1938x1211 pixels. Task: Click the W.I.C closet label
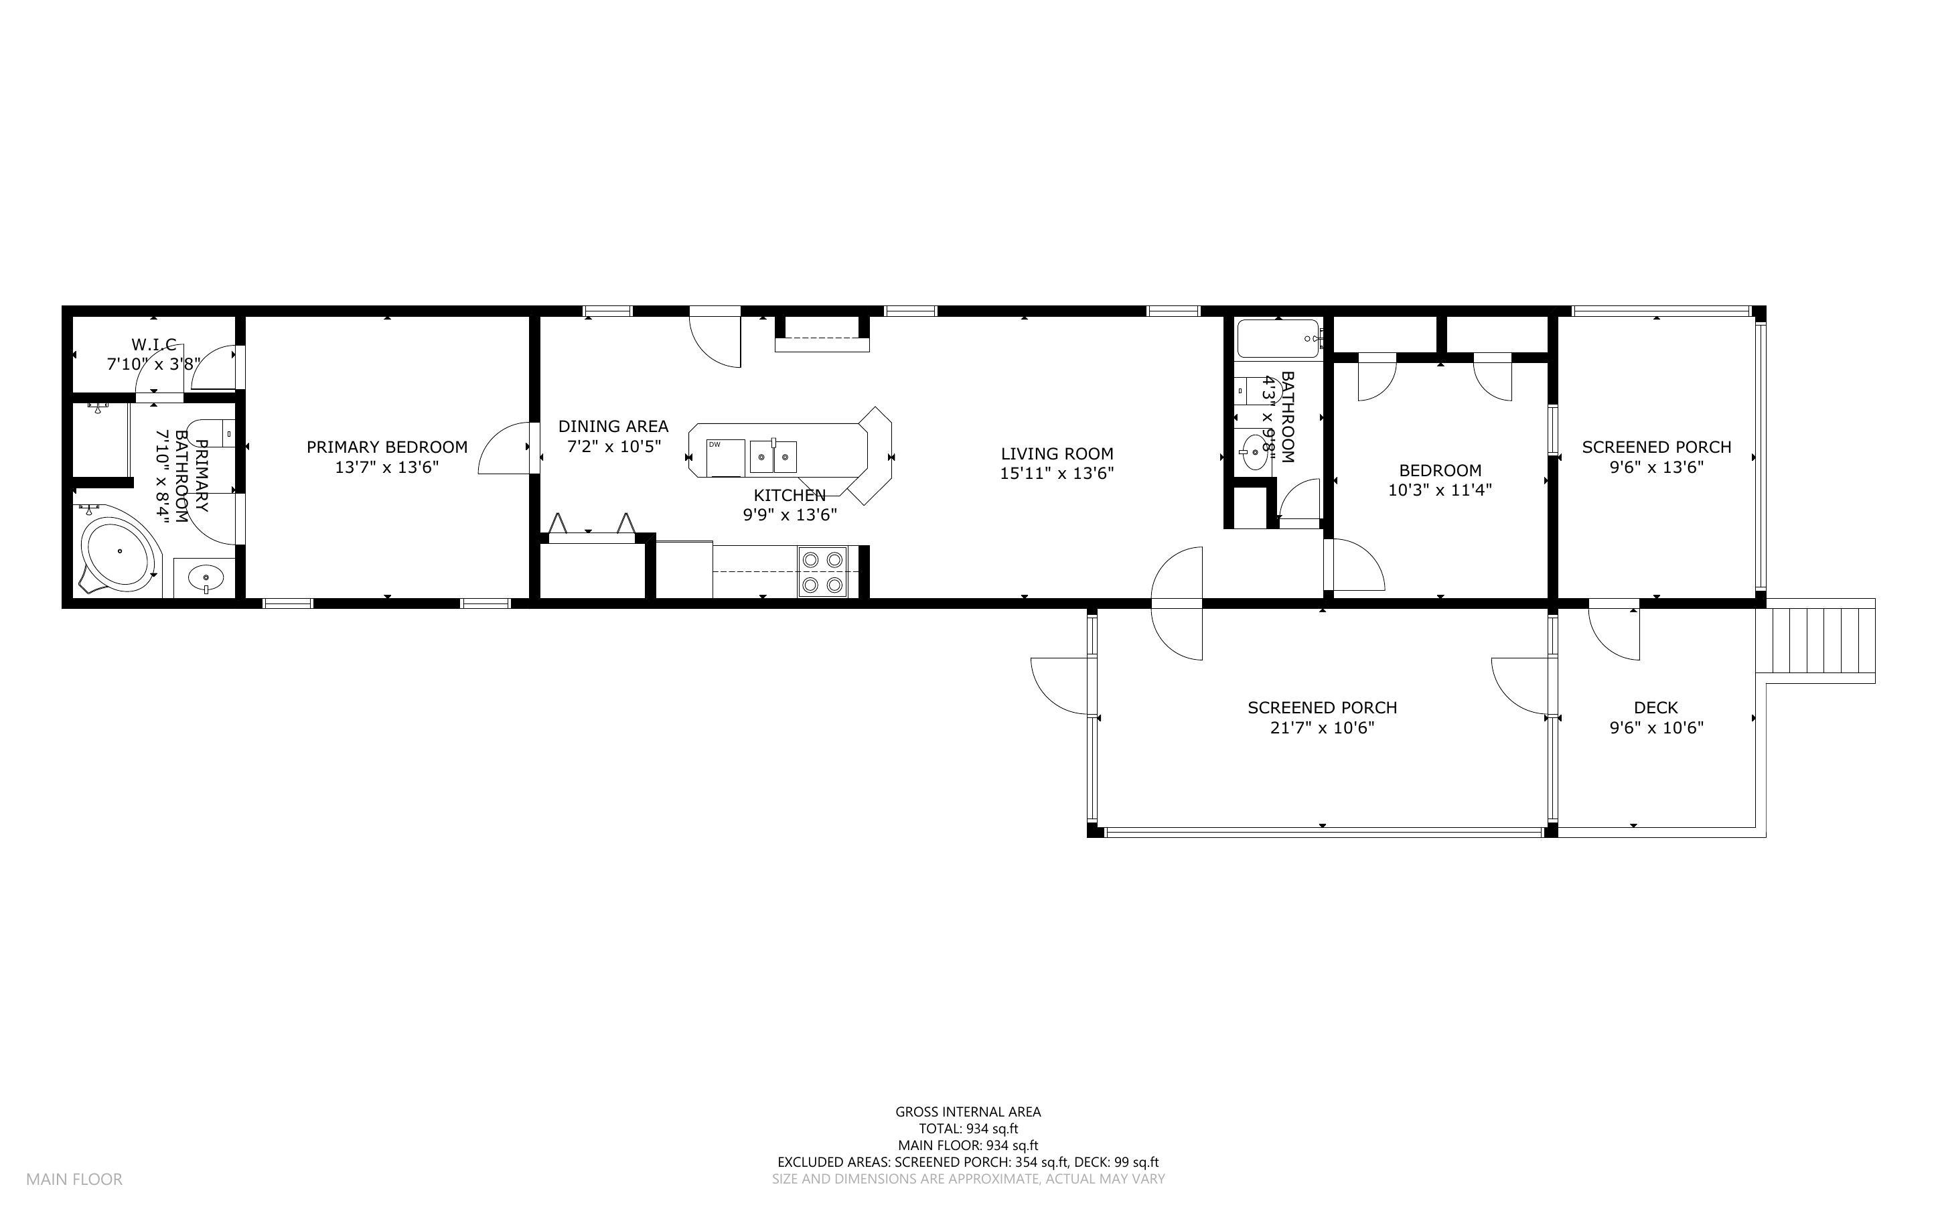click(154, 344)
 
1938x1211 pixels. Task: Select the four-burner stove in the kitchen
click(823, 572)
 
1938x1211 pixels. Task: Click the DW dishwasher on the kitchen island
click(725, 457)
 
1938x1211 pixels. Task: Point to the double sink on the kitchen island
click(773, 457)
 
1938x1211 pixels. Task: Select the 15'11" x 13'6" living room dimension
click(1057, 474)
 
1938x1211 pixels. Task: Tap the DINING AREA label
click(613, 426)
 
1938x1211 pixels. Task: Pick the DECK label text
click(1655, 708)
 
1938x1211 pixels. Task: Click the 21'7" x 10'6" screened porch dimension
click(1323, 728)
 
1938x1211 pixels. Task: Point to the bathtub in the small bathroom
click(1278, 339)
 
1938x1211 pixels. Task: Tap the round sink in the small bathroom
click(1253, 454)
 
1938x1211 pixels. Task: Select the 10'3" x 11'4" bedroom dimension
click(1440, 490)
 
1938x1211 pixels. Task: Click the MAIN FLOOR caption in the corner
click(74, 1179)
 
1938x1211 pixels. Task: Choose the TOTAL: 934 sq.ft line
click(968, 1129)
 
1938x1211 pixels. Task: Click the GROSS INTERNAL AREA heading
click(968, 1112)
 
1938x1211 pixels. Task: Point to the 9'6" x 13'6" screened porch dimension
click(1656, 467)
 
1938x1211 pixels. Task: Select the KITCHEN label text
click(790, 496)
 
